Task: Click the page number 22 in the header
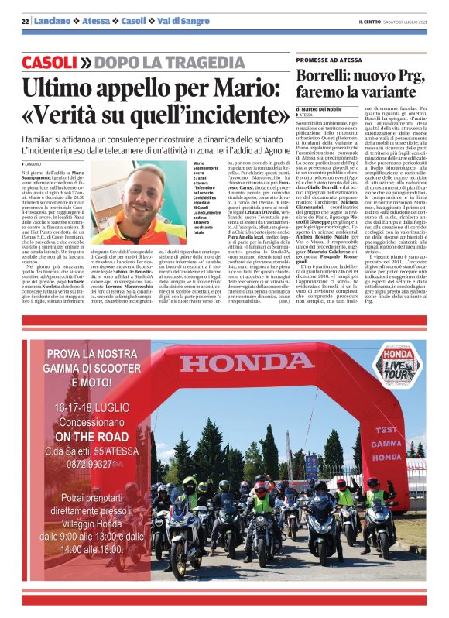[x=25, y=21]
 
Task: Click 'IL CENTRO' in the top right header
[x=369, y=21]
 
